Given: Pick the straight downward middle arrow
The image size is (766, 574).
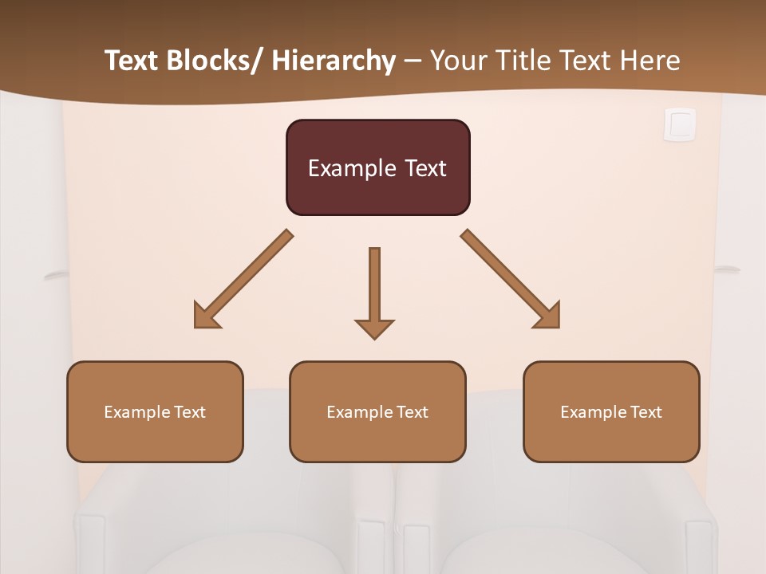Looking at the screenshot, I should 374,287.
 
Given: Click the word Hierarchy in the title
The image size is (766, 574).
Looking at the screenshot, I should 334,61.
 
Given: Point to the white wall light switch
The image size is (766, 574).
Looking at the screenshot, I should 680,124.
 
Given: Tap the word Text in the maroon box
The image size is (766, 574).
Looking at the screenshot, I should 424,168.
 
